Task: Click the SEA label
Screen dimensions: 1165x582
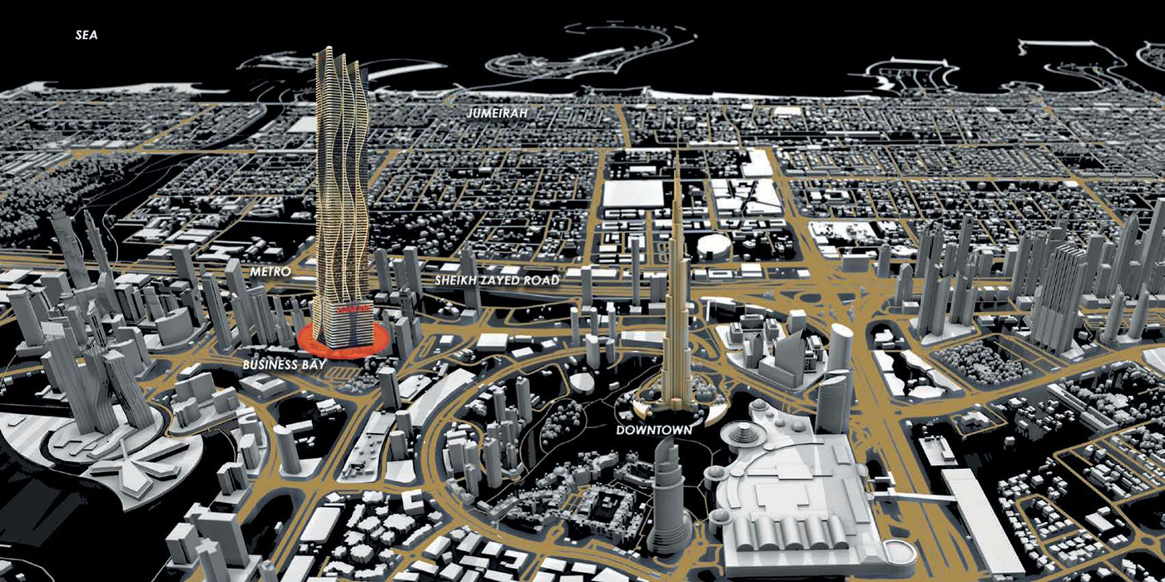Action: [x=86, y=36]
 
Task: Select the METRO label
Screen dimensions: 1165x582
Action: [x=270, y=272]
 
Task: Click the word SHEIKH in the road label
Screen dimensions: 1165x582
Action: [x=457, y=281]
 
